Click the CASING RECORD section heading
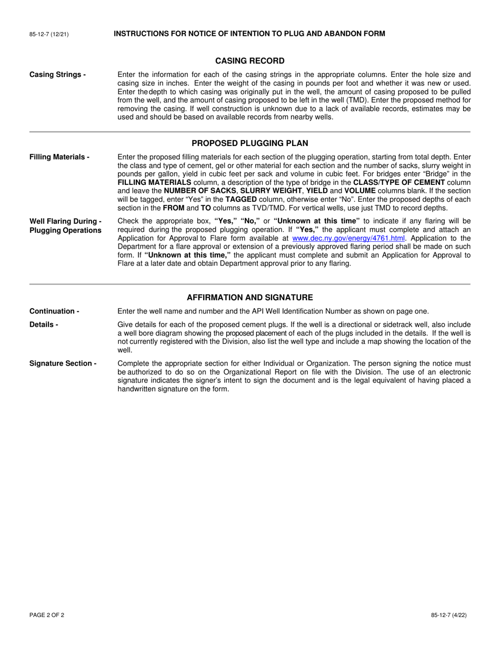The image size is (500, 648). (x=250, y=61)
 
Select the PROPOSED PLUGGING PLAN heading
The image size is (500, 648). (x=250, y=143)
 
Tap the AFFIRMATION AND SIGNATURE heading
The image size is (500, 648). (x=250, y=298)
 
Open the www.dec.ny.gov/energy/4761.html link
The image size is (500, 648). (x=348, y=238)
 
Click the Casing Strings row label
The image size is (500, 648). (x=57, y=75)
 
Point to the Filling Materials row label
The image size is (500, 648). (x=59, y=157)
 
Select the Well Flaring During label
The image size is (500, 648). (x=65, y=221)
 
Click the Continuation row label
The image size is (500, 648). (x=54, y=311)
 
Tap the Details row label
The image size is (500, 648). (x=44, y=325)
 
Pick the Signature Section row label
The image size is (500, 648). (x=63, y=364)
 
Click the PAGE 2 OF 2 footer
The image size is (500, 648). (x=47, y=615)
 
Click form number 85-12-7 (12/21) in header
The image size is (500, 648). (x=49, y=34)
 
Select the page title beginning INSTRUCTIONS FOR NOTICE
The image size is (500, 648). (x=249, y=34)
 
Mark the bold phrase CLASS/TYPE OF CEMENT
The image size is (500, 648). (x=399, y=182)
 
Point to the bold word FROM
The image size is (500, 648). (x=173, y=208)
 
